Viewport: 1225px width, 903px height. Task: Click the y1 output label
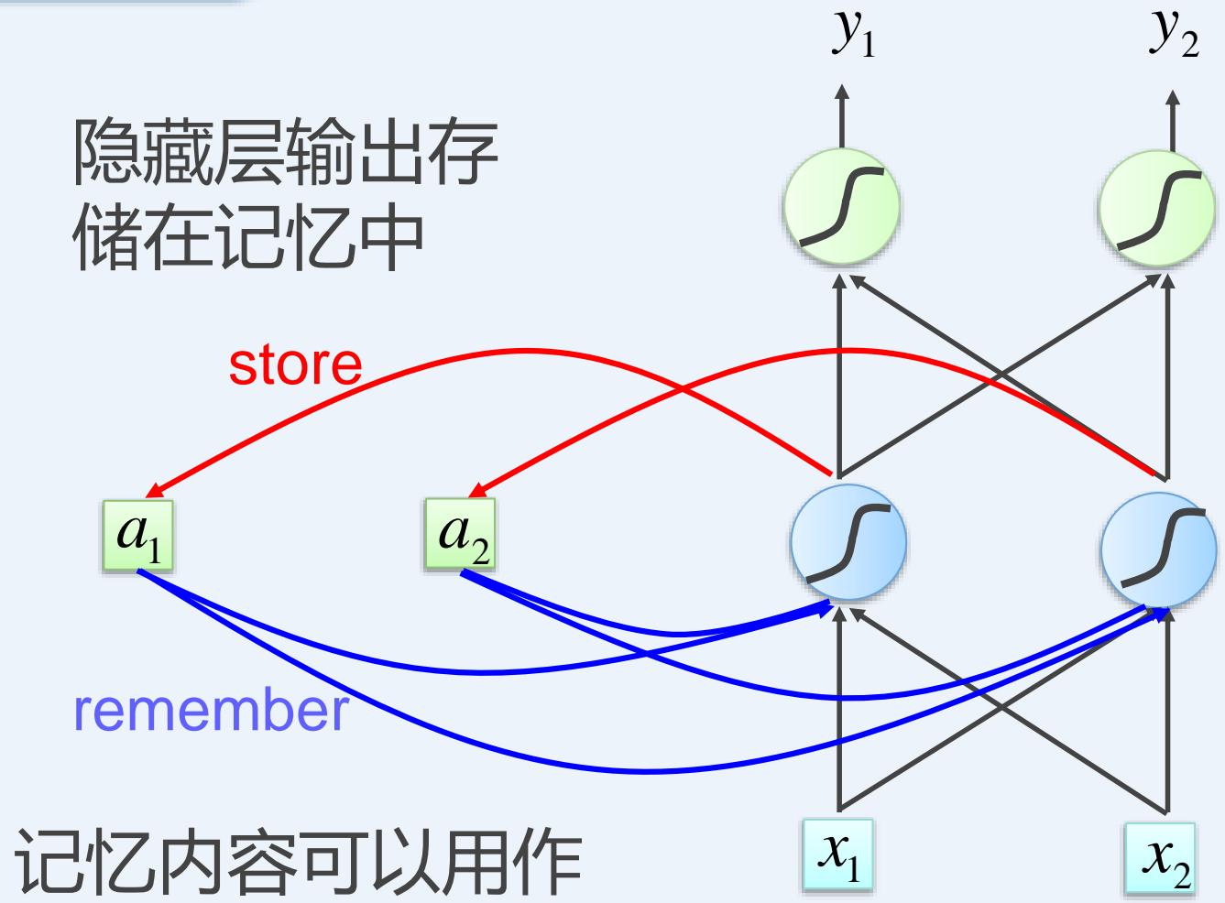(853, 37)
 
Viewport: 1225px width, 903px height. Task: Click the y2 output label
(1173, 37)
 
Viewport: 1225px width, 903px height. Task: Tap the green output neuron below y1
(841, 208)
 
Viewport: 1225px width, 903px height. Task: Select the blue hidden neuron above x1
(848, 542)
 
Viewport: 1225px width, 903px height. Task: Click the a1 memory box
(137, 534)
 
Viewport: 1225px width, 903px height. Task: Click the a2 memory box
(461, 534)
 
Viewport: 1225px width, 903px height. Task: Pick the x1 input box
(837, 855)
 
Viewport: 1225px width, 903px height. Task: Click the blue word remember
(211, 711)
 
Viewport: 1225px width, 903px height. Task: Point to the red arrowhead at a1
(154, 487)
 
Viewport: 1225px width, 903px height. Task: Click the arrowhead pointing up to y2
(1174, 94)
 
